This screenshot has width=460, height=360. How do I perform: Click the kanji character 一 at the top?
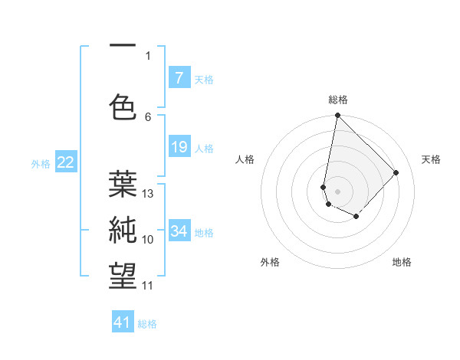123,46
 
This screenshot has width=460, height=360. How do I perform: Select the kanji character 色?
123,106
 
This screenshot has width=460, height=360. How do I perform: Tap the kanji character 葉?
123,184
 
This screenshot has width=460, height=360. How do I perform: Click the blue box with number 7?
179,77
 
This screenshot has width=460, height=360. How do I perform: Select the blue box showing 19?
179,146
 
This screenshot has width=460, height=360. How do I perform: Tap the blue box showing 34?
179,231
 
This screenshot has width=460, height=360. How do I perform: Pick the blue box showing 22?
66,162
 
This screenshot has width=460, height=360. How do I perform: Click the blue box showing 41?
123,322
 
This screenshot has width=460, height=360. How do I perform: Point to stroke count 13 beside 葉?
149,194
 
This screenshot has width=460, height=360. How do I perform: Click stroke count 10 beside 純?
149,240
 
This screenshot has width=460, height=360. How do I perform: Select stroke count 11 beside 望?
149,286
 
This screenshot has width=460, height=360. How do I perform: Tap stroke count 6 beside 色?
148,116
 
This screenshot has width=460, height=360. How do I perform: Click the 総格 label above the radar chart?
337,100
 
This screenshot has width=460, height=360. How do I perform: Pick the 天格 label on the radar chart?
431,159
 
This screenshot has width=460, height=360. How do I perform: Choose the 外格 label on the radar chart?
270,262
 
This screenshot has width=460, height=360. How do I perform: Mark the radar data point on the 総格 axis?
337,116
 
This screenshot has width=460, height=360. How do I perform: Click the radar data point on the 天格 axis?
396,172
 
